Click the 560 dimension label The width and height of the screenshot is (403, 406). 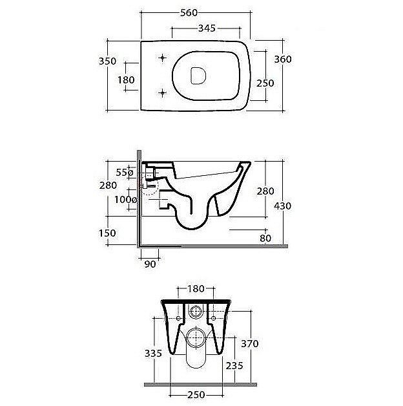[x=189, y=13]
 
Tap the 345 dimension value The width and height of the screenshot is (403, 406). [x=207, y=28]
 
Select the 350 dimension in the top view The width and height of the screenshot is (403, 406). [x=108, y=61]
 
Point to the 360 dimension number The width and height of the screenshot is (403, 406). [x=283, y=59]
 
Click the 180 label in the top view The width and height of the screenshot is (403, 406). [x=126, y=80]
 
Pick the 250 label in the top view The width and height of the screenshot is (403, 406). [x=265, y=83]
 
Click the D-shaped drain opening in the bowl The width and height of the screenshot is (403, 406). [x=198, y=76]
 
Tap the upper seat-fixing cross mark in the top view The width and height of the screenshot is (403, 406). [x=163, y=58]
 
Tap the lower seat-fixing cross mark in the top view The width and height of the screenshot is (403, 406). [x=163, y=92]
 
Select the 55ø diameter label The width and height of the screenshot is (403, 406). [x=125, y=172]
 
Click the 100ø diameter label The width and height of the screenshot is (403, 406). [x=126, y=200]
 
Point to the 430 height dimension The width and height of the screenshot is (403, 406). [x=283, y=206]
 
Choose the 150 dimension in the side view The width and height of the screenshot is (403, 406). [x=107, y=233]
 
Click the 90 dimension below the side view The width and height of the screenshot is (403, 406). [x=150, y=264]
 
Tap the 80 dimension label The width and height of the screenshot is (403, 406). [x=265, y=238]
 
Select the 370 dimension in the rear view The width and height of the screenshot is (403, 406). [x=250, y=343]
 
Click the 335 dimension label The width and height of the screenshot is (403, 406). [x=153, y=353]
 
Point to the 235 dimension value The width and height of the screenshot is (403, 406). [x=234, y=366]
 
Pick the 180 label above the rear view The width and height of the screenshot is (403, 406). [x=196, y=289]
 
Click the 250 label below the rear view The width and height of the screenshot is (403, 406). [x=196, y=395]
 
